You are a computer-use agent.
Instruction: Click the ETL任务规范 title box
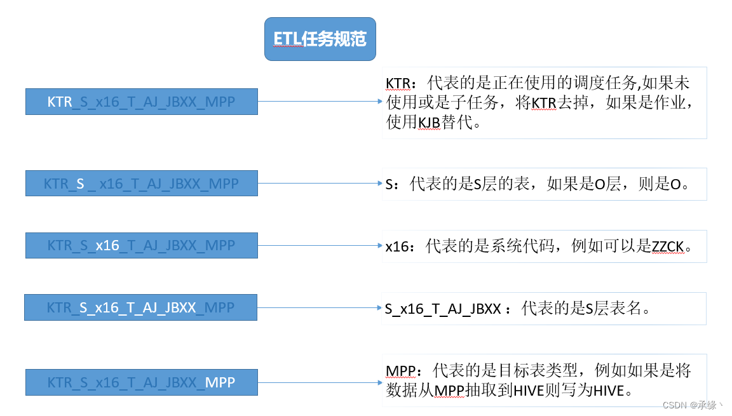pyautogui.click(x=320, y=39)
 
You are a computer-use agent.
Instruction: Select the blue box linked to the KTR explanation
pyautogui.click(x=141, y=102)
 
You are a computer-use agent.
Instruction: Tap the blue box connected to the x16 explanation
pyautogui.click(x=141, y=245)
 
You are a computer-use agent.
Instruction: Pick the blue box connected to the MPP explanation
pyautogui.click(x=141, y=382)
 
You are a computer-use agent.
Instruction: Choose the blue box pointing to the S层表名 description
pyautogui.click(x=141, y=307)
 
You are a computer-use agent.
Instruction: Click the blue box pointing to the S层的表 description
pyautogui.click(x=141, y=184)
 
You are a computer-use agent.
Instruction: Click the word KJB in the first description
pyautogui.click(x=429, y=123)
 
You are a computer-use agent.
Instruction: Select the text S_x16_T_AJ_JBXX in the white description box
pyautogui.click(x=443, y=309)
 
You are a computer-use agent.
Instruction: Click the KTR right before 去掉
pyautogui.click(x=544, y=103)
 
